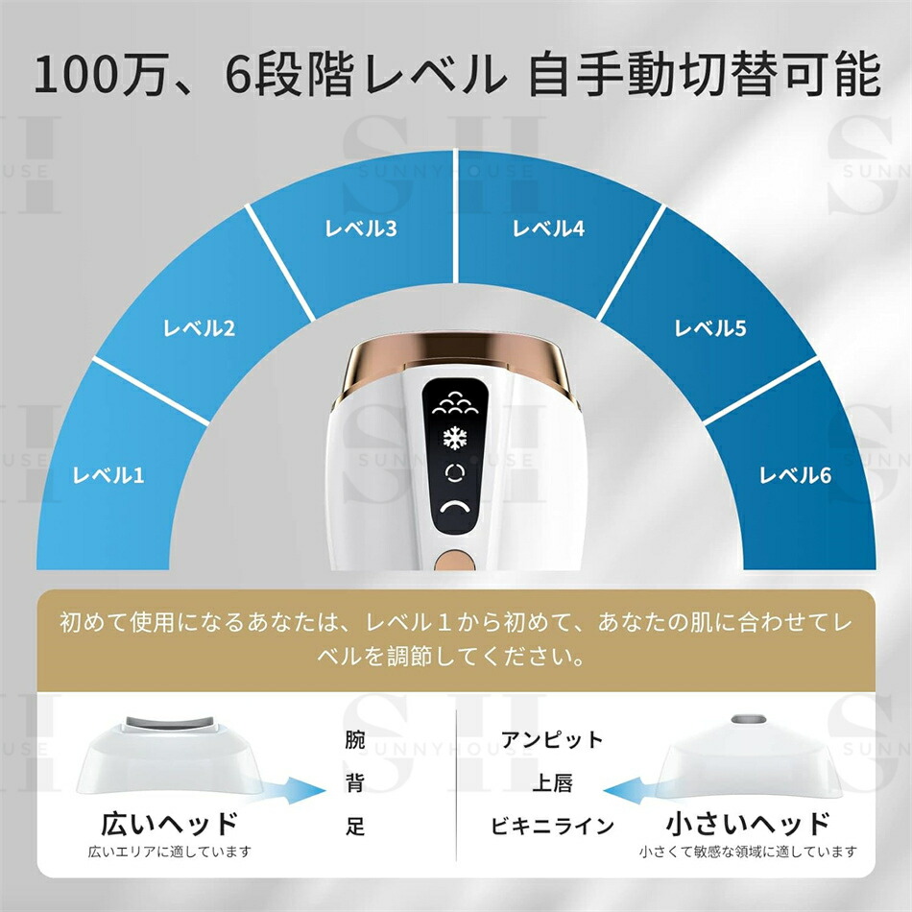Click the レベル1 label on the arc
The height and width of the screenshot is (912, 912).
pos(108,474)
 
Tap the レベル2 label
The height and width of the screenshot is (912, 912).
pos(199,328)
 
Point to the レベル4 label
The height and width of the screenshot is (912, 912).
pos(548,228)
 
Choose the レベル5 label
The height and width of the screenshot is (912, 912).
pos(709,328)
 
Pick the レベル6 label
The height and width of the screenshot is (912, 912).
pos(795,474)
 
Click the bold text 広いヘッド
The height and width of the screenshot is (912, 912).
pos(169,824)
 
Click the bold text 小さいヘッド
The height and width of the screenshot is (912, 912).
pos(748,824)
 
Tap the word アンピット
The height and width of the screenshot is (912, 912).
pos(553,740)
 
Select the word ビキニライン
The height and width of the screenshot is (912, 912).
pos(552,826)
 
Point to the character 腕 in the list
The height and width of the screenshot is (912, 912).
pos(355,740)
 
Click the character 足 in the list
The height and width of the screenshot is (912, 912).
pos(355,826)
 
